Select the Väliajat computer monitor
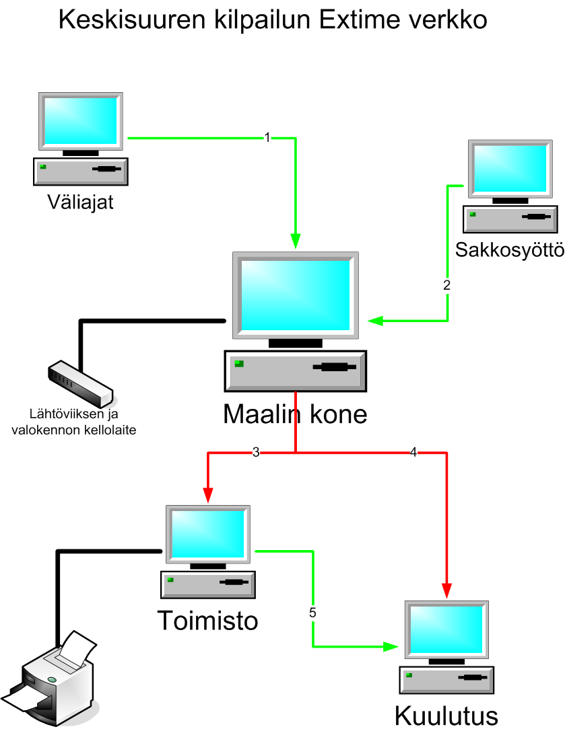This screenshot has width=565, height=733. click(x=80, y=122)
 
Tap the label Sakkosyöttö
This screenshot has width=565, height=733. click(x=509, y=249)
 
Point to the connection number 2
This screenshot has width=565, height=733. click(x=447, y=284)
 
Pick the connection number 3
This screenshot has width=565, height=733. click(x=256, y=453)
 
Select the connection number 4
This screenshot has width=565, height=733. click(x=413, y=453)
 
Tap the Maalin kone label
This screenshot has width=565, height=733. click(x=295, y=414)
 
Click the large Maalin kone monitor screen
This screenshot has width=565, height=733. click(x=296, y=295)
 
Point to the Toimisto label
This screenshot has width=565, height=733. click(x=207, y=620)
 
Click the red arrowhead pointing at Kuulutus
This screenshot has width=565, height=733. click(x=447, y=590)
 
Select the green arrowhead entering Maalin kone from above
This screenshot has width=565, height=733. click(x=296, y=242)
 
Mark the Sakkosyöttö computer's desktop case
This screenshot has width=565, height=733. click(x=510, y=219)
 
